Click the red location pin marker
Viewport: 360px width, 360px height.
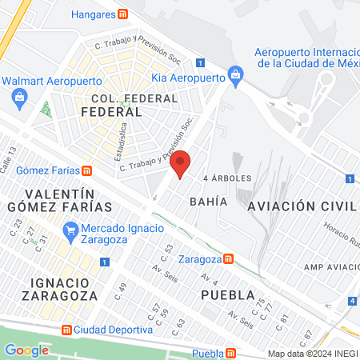(182, 163)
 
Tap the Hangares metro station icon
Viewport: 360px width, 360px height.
(122, 14)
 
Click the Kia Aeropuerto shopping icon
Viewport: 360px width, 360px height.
(235, 77)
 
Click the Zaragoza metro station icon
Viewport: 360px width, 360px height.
(229, 259)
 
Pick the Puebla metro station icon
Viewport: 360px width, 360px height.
(230, 354)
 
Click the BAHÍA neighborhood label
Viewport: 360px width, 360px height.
(209, 202)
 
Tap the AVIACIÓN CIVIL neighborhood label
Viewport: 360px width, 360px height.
(300, 206)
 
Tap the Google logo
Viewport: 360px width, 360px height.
(26, 350)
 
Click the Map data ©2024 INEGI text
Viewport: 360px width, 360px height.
(311, 354)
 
